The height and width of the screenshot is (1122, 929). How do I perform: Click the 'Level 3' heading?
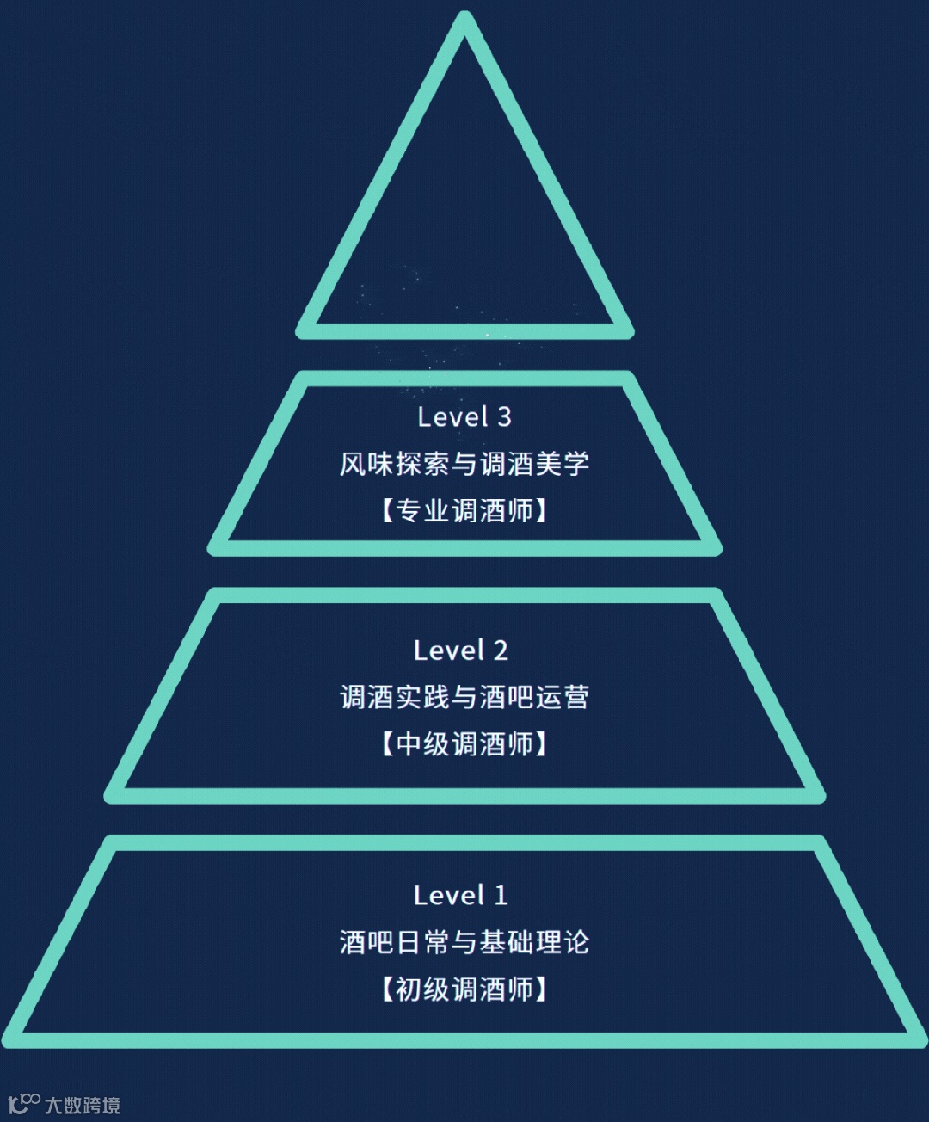pyautogui.click(x=464, y=417)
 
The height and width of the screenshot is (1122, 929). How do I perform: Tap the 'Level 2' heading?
pyautogui.click(x=461, y=650)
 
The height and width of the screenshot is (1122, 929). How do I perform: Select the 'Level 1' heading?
pyautogui.click(x=461, y=896)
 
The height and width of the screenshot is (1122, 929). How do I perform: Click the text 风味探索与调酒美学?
pyautogui.click(x=464, y=465)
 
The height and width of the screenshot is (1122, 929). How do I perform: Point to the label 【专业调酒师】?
pyautogui.click(x=464, y=511)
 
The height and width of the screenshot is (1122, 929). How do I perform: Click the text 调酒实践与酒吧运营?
pyautogui.click(x=464, y=697)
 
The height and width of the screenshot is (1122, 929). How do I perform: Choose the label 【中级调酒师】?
pyautogui.click(x=464, y=744)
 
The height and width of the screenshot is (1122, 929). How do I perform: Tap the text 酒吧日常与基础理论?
pyautogui.click(x=464, y=942)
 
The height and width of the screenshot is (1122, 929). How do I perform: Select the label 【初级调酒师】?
pyautogui.click(x=464, y=989)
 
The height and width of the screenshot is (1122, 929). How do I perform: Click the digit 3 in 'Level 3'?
pyautogui.click(x=504, y=417)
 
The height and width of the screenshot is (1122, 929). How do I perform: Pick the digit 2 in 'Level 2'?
pyautogui.click(x=501, y=650)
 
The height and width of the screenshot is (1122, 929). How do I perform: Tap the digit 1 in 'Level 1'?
pyautogui.click(x=501, y=896)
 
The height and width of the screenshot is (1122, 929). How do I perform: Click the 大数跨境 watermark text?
pyautogui.click(x=83, y=1105)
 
